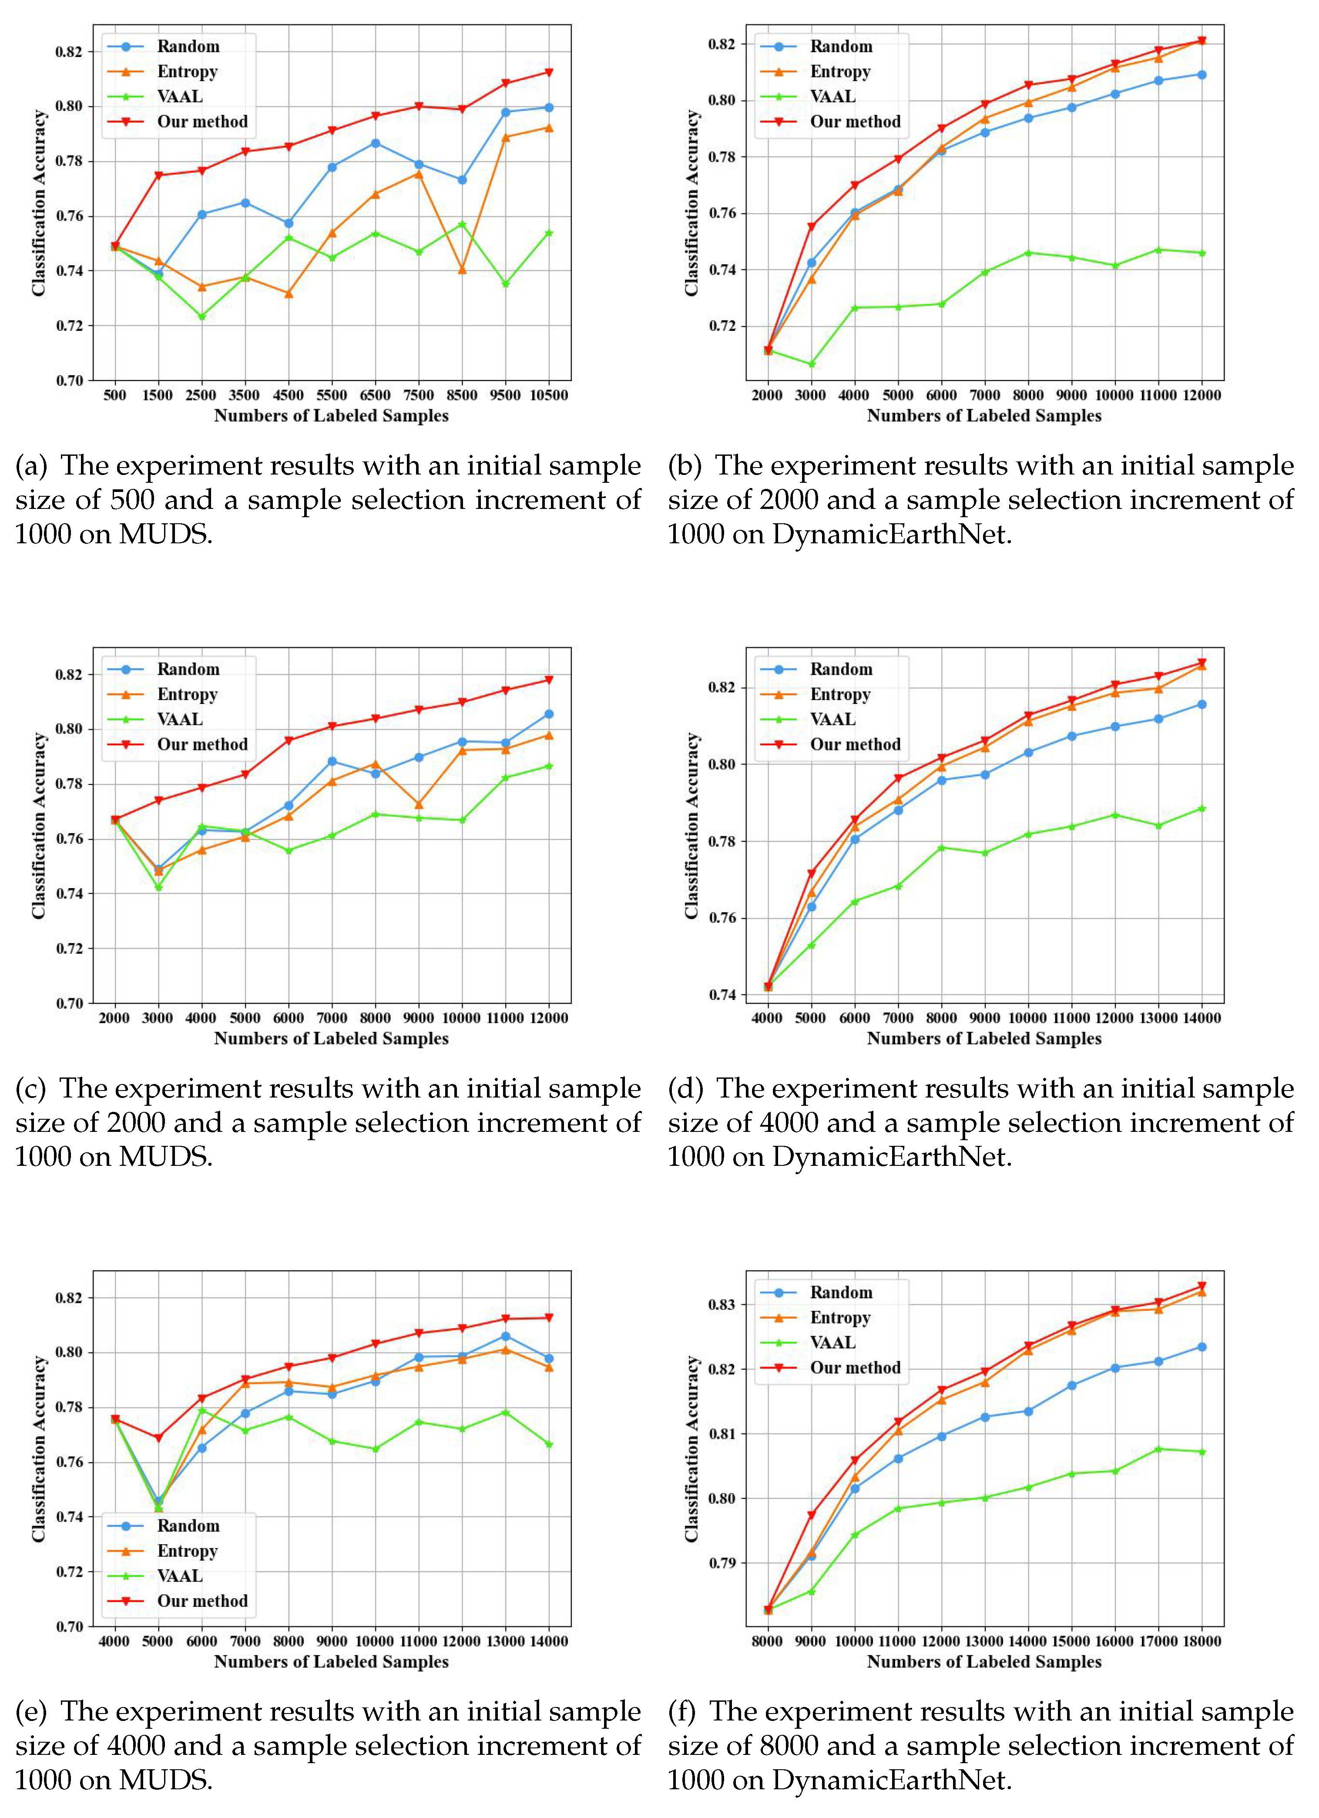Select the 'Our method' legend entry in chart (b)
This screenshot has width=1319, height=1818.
[854, 122]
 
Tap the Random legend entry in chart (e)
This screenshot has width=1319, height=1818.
[188, 1526]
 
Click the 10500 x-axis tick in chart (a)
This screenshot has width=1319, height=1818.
[548, 395]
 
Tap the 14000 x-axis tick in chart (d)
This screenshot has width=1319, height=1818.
[1201, 1018]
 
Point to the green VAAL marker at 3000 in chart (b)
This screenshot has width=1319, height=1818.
[811, 365]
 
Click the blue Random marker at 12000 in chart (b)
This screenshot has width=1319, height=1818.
[1201, 74]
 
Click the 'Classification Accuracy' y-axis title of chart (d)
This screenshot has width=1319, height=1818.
[691, 826]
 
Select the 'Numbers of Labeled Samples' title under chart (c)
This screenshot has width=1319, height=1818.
[331, 1039]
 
